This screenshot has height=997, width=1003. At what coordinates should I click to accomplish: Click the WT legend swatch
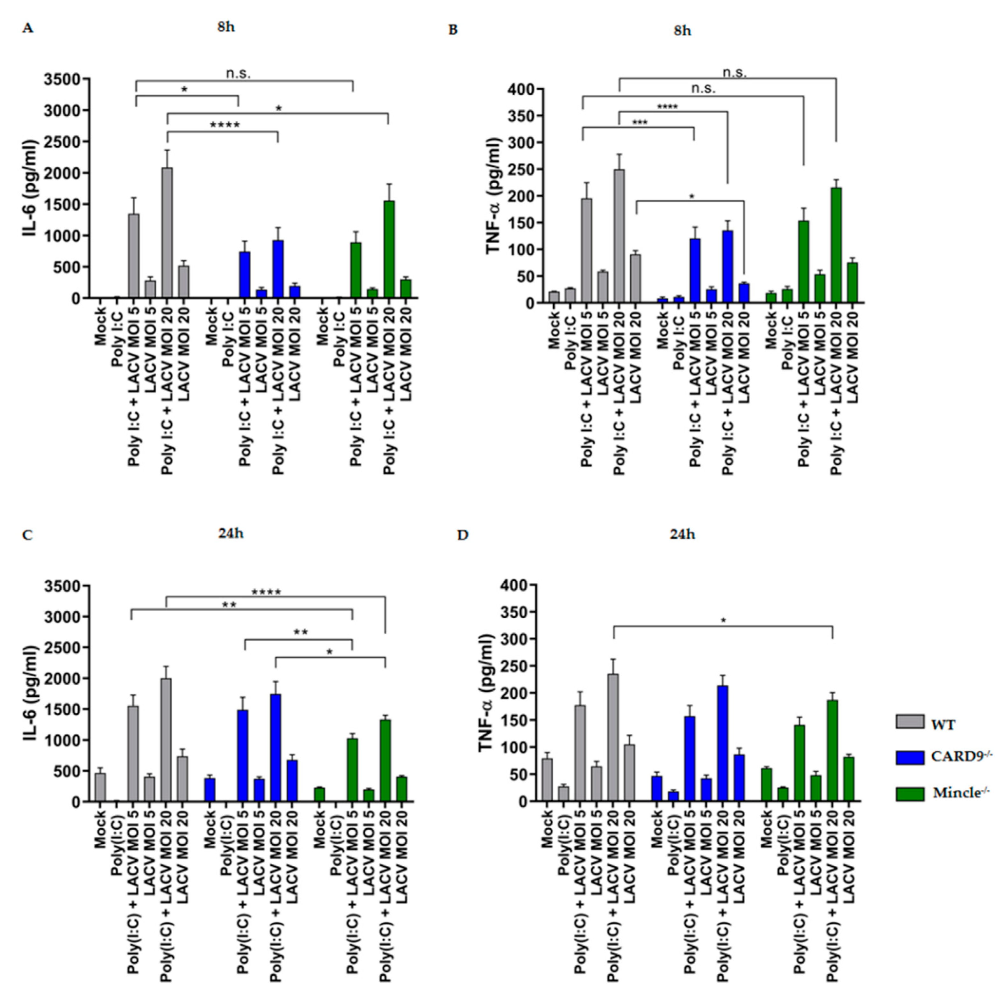pyautogui.click(x=910, y=722)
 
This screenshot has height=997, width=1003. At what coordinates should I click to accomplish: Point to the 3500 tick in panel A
pyautogui.click(x=62, y=79)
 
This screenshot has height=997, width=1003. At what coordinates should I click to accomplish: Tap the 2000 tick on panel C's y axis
pyautogui.click(x=62, y=679)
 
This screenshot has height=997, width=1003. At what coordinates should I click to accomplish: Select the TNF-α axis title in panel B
pyautogui.click(x=493, y=196)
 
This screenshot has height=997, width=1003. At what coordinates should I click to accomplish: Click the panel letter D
pyautogui.click(x=462, y=535)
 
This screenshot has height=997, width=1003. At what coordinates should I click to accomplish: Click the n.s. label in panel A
pyautogui.click(x=238, y=74)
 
